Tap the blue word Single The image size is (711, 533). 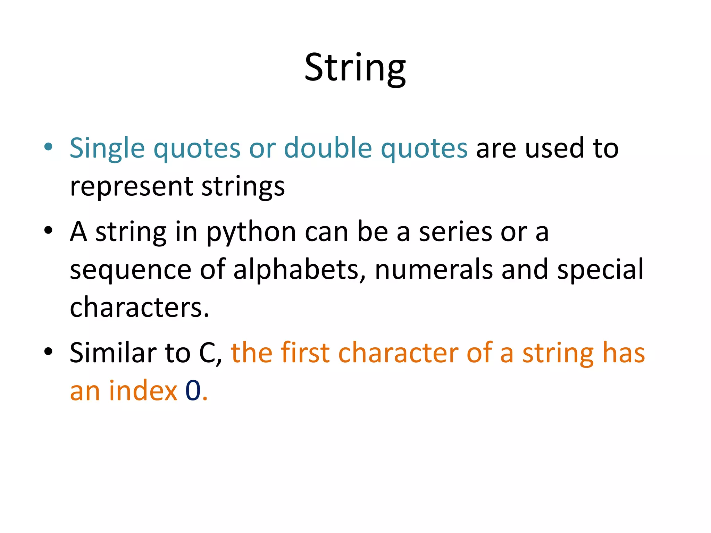pyautogui.click(x=107, y=149)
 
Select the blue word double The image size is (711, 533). pyautogui.click(x=328, y=148)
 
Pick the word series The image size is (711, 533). pyautogui.click(x=455, y=232)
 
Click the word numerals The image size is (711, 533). pyautogui.click(x=434, y=269)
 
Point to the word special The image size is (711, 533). pyautogui.click(x=600, y=270)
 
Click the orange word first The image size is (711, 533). pyautogui.click(x=305, y=353)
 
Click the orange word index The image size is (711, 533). pyautogui.click(x=143, y=391)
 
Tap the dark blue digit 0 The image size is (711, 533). pyautogui.click(x=193, y=391)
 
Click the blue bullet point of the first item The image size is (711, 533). pyautogui.click(x=48, y=147)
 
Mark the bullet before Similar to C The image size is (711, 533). pyautogui.click(x=48, y=351)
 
